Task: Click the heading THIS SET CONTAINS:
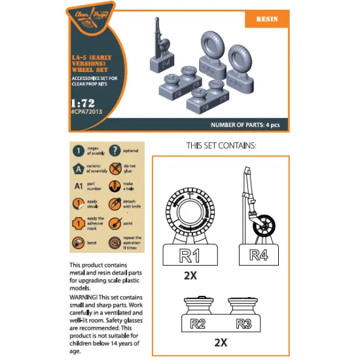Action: (x=221, y=145)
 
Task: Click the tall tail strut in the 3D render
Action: (x=157, y=38)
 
